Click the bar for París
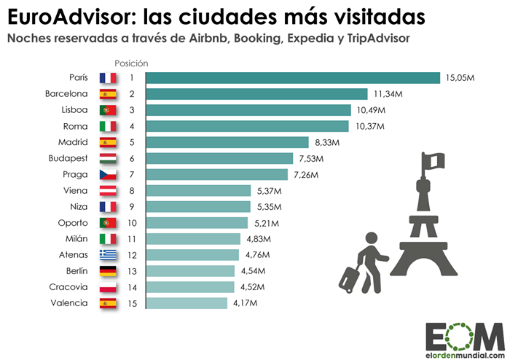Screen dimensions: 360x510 tap(293, 78)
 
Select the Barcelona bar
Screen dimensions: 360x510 tap(256, 94)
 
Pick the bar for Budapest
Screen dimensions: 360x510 tap(219, 158)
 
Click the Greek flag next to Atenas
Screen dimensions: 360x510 tap(107, 254)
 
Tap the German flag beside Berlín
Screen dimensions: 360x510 tap(107, 270)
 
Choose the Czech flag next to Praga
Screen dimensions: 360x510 tap(107, 174)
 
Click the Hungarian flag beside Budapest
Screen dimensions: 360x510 tap(107, 158)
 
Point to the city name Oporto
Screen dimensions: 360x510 tap(73, 222)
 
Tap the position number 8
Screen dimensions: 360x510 tap(132, 190)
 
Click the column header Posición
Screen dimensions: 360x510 tap(131, 63)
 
